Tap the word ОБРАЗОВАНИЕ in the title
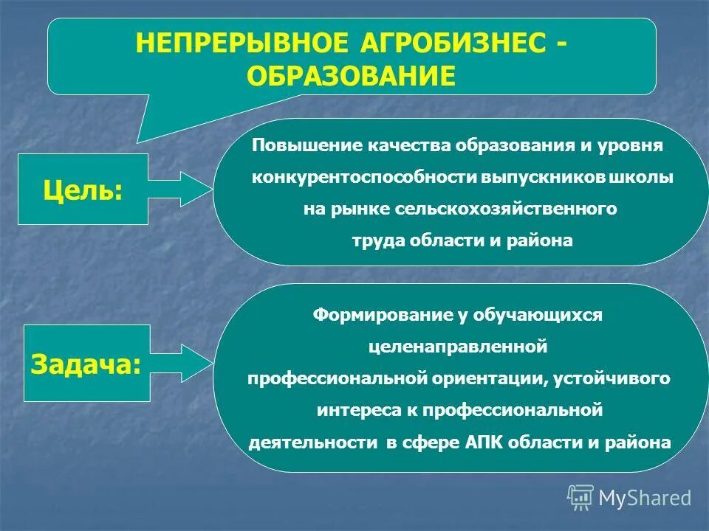pyautogui.click(x=352, y=76)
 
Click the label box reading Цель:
pyautogui.click(x=83, y=190)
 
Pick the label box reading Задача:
pyautogui.click(x=86, y=364)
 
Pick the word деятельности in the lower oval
pyautogui.click(x=314, y=442)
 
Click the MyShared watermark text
pyautogui.click(x=644, y=498)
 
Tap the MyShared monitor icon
pyautogui.click(x=580, y=497)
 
